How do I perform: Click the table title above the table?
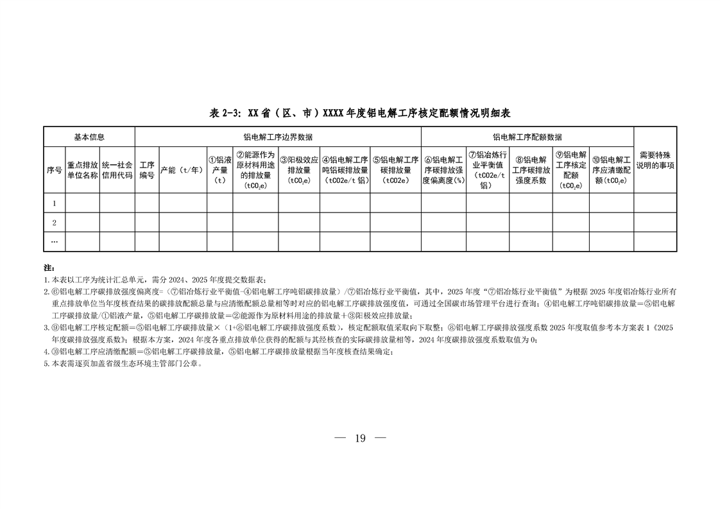(359, 113)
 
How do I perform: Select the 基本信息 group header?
(89, 137)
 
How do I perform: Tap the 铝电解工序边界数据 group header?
(278, 137)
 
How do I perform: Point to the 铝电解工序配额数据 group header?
(527, 137)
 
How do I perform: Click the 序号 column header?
(54, 170)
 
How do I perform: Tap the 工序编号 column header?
(147, 170)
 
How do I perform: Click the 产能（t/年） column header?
(183, 170)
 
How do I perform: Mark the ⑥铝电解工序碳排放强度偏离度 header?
(443, 170)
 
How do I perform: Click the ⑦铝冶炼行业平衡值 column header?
(488, 170)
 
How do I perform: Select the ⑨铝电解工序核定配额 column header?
(570, 170)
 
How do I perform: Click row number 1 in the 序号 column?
(55, 203)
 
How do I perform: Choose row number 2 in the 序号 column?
(55, 223)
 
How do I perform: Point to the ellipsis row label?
(55, 241)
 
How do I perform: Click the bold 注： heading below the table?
(49, 267)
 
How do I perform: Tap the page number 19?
(359, 438)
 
